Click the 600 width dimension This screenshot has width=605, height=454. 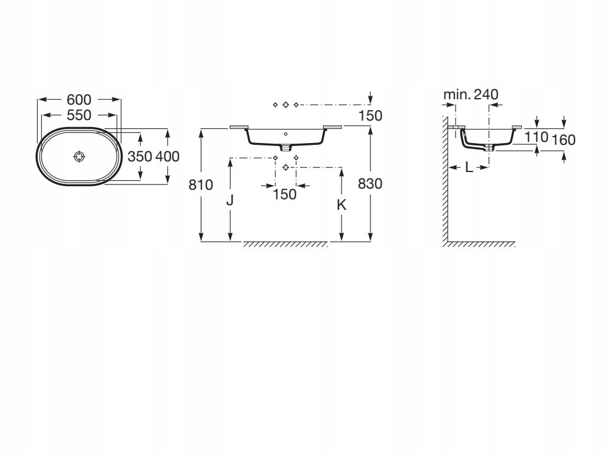pyautogui.click(x=79, y=99)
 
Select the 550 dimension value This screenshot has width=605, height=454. pyautogui.click(x=79, y=115)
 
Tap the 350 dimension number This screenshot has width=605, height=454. pyautogui.click(x=139, y=156)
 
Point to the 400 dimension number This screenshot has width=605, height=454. pyautogui.click(x=167, y=156)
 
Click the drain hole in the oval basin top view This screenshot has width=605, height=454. pyautogui.click(x=79, y=156)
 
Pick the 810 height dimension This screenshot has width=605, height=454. pyautogui.click(x=201, y=185)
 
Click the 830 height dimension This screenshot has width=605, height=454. pyautogui.click(x=370, y=184)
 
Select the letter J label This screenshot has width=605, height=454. pyautogui.click(x=230, y=200)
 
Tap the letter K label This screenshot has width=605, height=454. pyautogui.click(x=341, y=205)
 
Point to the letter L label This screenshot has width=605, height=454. pyautogui.click(x=469, y=167)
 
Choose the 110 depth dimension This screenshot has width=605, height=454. pyautogui.click(x=536, y=137)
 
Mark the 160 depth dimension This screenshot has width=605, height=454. pyautogui.click(x=563, y=140)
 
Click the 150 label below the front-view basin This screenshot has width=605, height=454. pyautogui.click(x=285, y=194)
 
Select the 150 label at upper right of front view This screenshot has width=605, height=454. pyautogui.click(x=370, y=115)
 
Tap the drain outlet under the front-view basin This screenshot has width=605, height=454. pyautogui.click(x=285, y=147)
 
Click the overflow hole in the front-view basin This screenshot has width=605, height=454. pyautogui.click(x=285, y=134)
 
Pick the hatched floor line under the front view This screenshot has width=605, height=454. pyautogui.click(x=285, y=244)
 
